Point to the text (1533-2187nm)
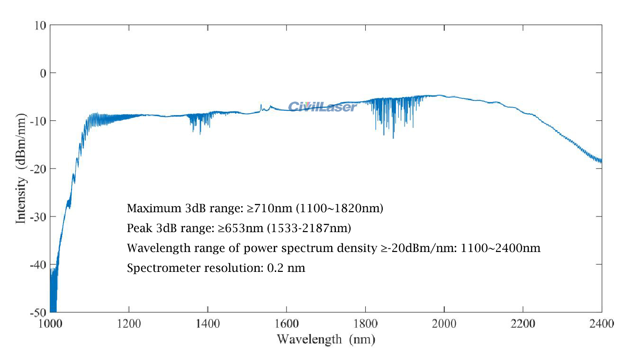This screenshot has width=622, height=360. [x=309, y=228]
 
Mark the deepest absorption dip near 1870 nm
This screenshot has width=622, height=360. [x=393, y=136]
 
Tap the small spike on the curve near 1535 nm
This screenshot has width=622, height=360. [x=261, y=106]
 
